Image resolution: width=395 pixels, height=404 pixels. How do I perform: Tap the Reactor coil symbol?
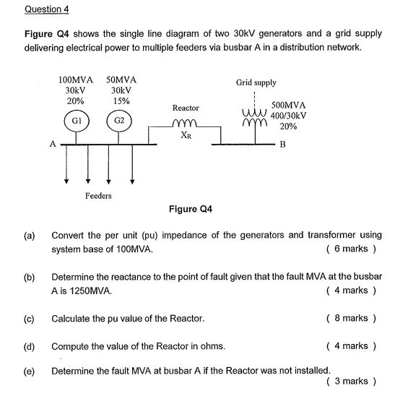(x=185, y=124)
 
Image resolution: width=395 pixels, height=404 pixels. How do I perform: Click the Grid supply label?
(x=256, y=83)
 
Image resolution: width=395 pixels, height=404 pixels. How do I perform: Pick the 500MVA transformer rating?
(x=289, y=105)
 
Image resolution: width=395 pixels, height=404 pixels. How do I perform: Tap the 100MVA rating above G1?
(x=74, y=79)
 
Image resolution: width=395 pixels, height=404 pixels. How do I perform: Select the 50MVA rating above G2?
(x=121, y=79)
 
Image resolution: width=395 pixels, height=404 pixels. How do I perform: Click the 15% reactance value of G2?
(x=121, y=101)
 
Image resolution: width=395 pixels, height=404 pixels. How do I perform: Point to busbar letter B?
(x=283, y=144)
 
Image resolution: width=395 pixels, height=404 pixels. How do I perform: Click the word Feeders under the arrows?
(x=98, y=196)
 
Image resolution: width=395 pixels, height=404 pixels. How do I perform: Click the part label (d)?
(x=30, y=345)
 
